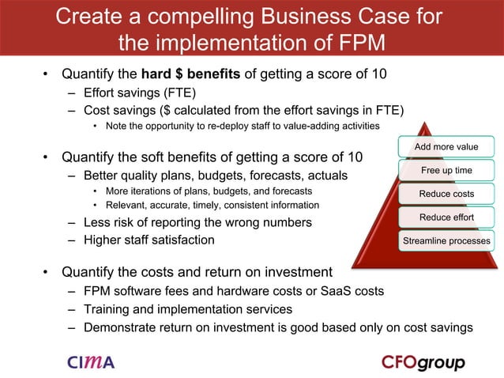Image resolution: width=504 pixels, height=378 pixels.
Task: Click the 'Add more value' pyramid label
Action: click(x=447, y=146)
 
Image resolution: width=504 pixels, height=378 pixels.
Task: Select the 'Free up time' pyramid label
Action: click(x=446, y=170)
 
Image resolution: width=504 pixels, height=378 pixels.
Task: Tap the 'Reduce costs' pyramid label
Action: click(x=446, y=194)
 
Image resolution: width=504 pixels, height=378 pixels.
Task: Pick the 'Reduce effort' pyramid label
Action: click(x=446, y=217)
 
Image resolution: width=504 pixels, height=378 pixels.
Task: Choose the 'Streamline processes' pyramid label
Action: click(x=446, y=240)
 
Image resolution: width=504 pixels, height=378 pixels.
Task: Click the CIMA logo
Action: click(x=91, y=362)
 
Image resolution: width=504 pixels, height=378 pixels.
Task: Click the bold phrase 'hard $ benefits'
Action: click(x=196, y=75)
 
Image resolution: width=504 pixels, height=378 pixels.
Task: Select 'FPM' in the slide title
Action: click(x=359, y=42)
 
